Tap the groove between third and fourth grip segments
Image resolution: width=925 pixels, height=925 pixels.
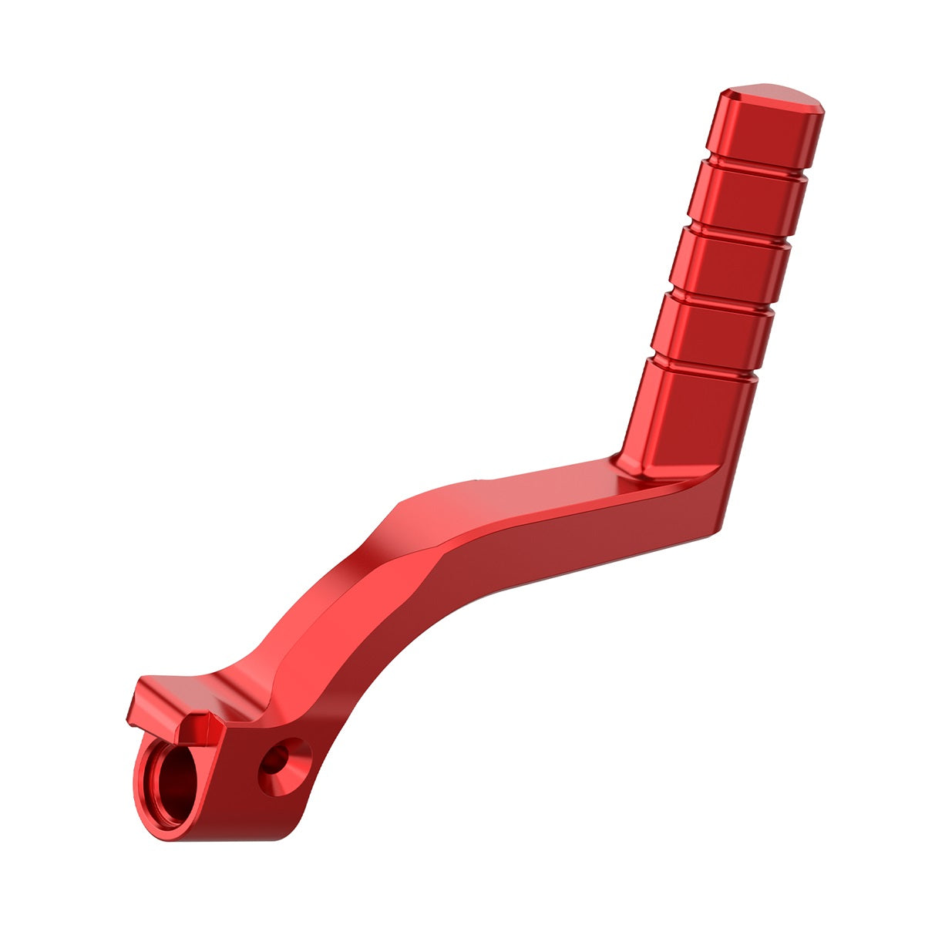721,297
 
